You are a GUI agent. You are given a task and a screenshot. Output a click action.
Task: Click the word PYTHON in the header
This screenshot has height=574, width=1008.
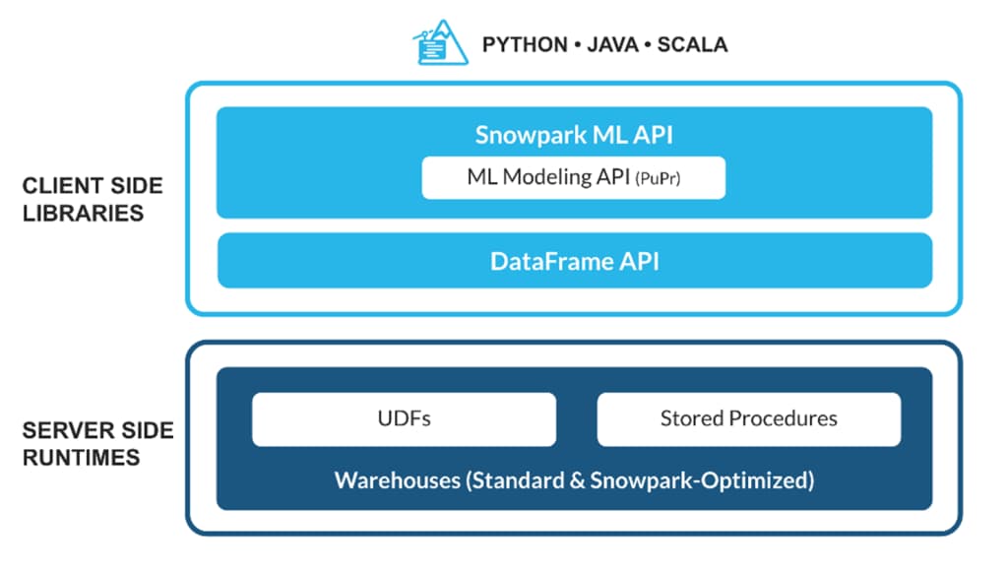click(x=524, y=45)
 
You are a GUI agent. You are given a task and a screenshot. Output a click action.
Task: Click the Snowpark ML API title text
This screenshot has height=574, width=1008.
click(x=574, y=135)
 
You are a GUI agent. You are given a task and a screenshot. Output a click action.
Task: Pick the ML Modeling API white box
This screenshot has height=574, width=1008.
click(x=574, y=178)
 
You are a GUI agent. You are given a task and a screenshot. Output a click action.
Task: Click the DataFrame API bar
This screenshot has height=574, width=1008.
click(x=574, y=261)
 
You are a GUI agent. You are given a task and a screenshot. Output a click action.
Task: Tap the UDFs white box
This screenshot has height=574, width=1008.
click(x=404, y=418)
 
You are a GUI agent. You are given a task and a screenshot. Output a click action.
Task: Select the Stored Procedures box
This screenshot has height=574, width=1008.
click(x=748, y=418)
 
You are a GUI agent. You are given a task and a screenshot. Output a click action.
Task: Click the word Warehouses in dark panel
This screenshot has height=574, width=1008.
click(x=397, y=481)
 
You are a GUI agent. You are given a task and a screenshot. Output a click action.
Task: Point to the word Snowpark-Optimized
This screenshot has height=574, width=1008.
click(x=710, y=481)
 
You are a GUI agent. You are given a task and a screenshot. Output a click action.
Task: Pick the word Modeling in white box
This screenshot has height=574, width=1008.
click(x=545, y=178)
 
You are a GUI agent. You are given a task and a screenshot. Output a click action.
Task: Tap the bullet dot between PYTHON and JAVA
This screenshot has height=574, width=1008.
click(x=575, y=46)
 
